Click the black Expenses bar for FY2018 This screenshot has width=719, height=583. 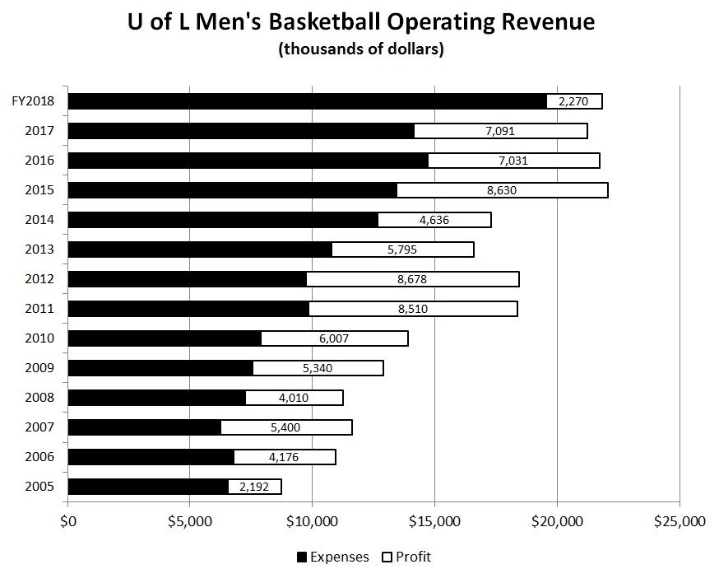point(307,101)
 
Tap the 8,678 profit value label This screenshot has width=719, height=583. point(411,279)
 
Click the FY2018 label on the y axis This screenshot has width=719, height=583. point(33,101)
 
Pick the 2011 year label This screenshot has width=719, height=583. point(39,309)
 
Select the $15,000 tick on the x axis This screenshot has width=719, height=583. point(434,521)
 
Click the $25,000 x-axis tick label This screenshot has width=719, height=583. point(679,521)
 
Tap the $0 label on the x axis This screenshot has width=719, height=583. point(68,521)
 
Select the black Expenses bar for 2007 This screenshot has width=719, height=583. point(144,427)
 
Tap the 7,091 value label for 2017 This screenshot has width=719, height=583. point(500,131)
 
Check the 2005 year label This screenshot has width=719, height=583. point(39,487)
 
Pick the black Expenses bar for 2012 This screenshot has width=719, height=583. point(187,279)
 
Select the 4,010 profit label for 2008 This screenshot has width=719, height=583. point(294,398)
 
